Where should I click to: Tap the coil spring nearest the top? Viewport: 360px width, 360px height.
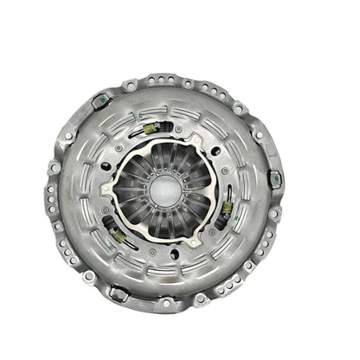[x=150, y=129]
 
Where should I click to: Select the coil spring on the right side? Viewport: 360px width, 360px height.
[x=227, y=208]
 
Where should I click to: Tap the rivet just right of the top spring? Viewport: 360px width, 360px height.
[x=177, y=129]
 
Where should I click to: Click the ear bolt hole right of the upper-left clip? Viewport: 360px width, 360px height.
[x=129, y=87]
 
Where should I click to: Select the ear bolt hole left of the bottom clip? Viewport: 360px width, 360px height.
[x=89, y=276]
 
